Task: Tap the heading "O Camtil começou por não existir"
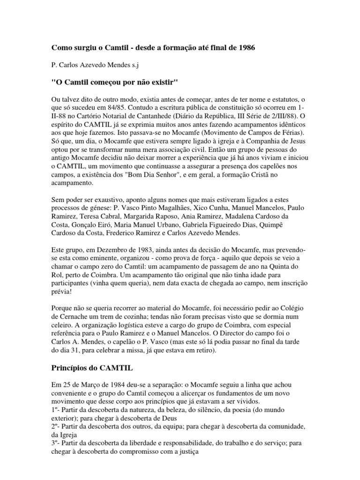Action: coord(115,82)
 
